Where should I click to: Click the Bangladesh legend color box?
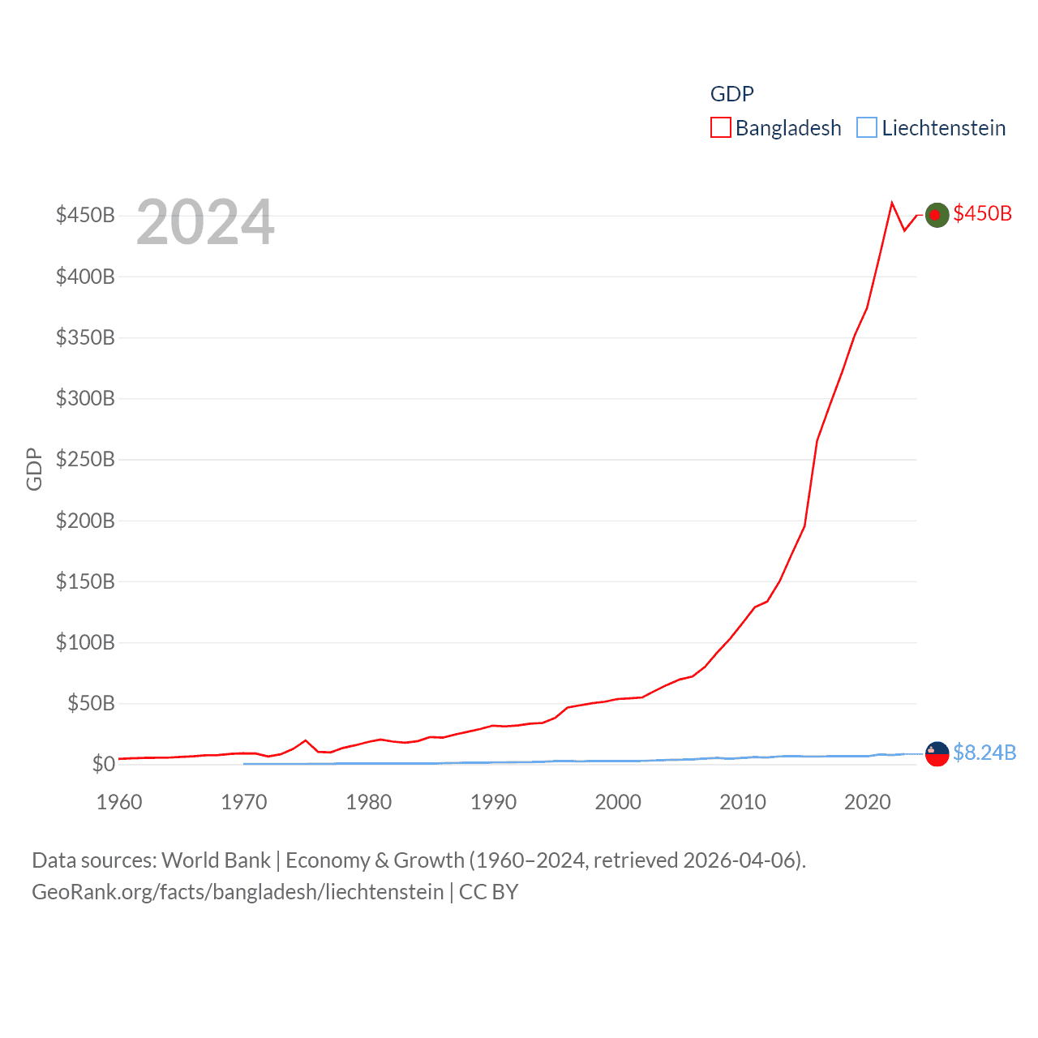720,128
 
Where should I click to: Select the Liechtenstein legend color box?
867,128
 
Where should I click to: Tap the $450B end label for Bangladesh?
982,213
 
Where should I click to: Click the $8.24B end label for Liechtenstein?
984,753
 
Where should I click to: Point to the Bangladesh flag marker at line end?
937,215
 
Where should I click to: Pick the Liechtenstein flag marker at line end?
937,754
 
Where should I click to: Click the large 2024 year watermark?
205,222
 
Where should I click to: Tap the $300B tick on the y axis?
85,398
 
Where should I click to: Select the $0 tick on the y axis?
103,764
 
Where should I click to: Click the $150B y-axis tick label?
85,581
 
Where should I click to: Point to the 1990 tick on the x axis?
493,802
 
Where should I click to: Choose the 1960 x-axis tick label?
119,802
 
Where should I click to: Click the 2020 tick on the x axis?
868,802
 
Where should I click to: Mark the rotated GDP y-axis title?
34,469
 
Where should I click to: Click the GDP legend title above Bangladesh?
731,94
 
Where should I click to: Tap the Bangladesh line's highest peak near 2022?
892,203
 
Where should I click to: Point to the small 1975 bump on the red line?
306,740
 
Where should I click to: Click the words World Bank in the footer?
216,860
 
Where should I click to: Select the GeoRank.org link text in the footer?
238,892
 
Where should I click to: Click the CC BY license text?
488,892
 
